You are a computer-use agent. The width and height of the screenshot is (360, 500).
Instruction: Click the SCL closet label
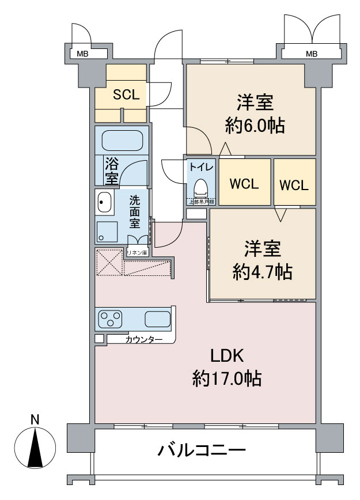(126, 95)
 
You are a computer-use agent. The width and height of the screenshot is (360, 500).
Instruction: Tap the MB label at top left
(83, 54)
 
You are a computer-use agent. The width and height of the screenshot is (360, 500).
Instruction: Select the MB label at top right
(311, 54)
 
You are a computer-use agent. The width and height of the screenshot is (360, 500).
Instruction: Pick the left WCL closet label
(244, 184)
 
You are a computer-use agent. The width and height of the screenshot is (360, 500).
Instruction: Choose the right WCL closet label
(294, 185)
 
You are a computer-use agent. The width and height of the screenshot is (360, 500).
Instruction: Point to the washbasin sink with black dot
(104, 202)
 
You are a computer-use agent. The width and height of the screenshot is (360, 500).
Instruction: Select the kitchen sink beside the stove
(157, 319)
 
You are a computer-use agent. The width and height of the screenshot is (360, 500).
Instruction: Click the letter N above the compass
(35, 419)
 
